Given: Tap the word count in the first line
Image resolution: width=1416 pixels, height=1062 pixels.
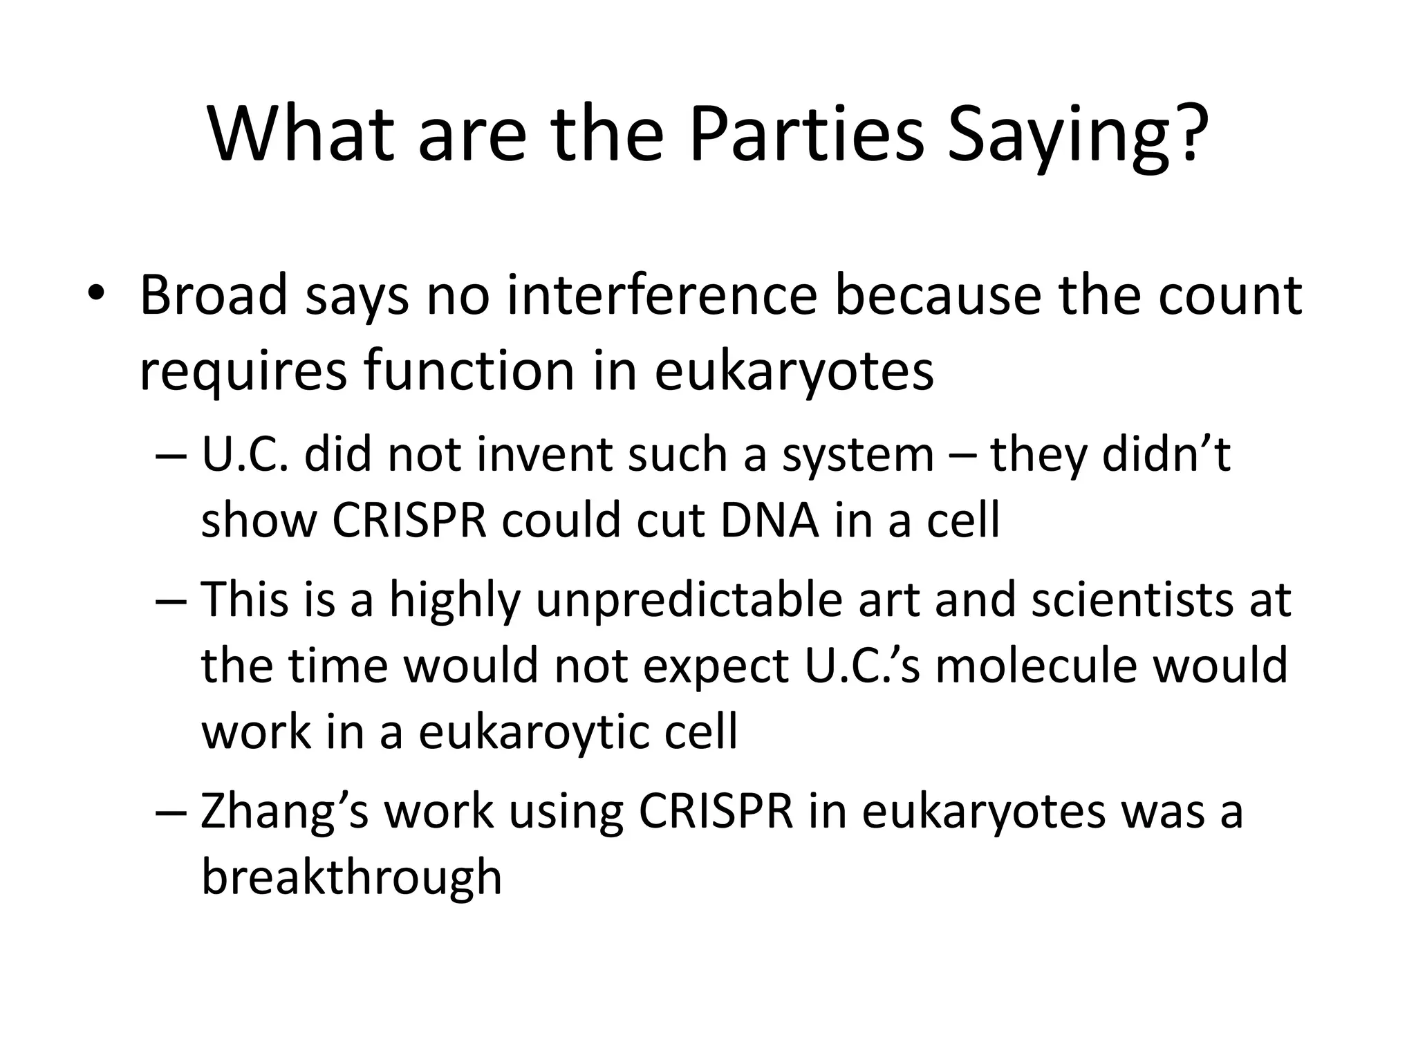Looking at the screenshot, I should tap(1230, 295).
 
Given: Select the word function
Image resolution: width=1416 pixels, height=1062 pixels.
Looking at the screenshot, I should tap(469, 371).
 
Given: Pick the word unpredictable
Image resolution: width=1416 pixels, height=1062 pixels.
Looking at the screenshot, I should tap(689, 599).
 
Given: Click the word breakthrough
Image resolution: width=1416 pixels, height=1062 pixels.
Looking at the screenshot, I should tap(351, 876).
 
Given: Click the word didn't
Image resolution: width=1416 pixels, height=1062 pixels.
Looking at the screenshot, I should tap(1166, 455).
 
